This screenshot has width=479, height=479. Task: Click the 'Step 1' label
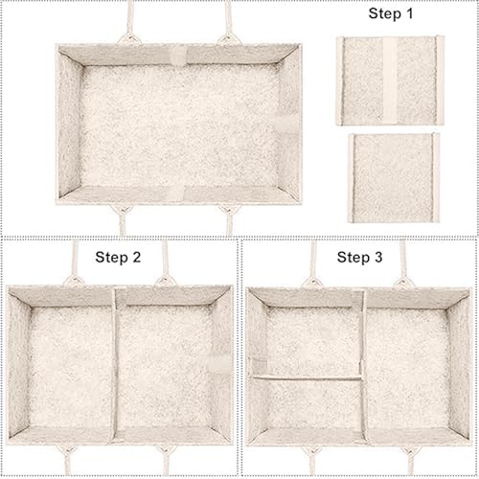[391, 13]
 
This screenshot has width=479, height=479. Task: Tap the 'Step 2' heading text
[118, 258]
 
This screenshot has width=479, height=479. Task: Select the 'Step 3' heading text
[359, 258]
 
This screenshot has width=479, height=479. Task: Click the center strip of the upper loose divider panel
[390, 80]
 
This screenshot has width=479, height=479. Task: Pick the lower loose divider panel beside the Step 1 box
[395, 178]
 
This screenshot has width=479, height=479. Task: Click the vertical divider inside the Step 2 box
[115, 364]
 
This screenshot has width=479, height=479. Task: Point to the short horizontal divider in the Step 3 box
[308, 378]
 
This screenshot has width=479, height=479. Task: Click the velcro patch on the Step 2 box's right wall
[218, 362]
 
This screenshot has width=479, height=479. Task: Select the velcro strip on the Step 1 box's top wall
[180, 56]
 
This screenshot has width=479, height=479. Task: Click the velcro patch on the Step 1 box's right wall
[286, 124]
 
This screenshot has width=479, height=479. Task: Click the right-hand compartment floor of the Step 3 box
[408, 367]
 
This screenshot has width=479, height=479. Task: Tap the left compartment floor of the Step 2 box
[71, 366]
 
